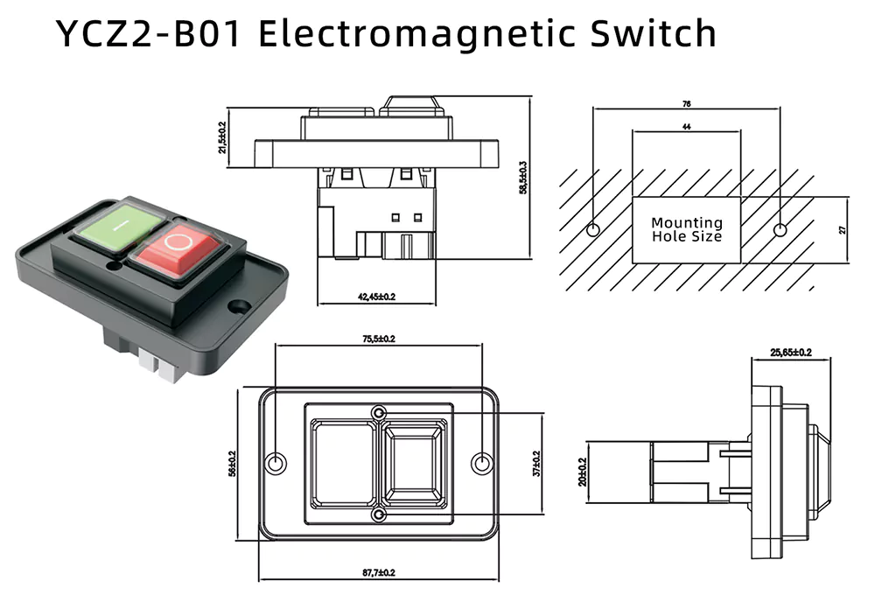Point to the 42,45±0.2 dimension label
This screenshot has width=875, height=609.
[x=376, y=297]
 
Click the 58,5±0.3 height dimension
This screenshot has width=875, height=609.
[x=523, y=178]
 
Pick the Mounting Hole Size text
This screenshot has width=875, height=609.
[x=687, y=230]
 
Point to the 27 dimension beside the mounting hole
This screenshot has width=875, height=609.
[x=843, y=229]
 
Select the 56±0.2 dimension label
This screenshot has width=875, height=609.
[x=232, y=463]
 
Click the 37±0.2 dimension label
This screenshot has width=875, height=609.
[x=535, y=463]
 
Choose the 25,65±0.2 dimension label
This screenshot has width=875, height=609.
[x=790, y=353]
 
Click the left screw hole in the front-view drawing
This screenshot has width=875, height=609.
[x=276, y=463]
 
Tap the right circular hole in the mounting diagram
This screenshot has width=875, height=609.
[x=780, y=230]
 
